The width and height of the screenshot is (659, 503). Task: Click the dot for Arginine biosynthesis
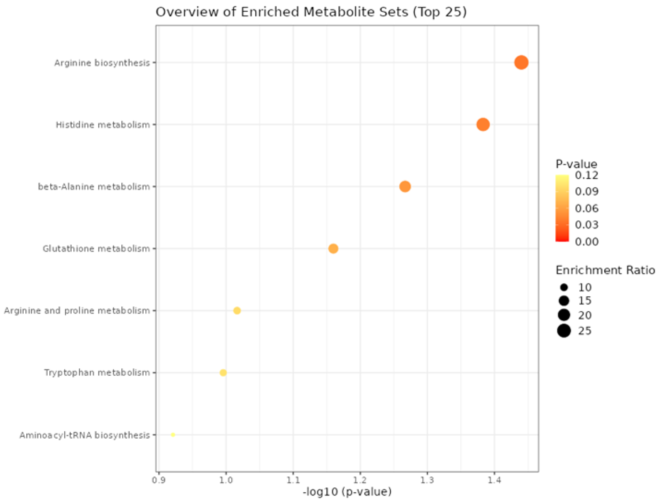click(x=521, y=63)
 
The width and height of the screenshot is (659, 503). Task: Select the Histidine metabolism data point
click(x=483, y=125)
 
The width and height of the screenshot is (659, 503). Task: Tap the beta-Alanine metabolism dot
click(x=405, y=187)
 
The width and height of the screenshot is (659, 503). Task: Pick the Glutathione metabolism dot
click(x=333, y=249)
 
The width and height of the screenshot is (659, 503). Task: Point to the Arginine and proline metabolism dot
click(x=237, y=310)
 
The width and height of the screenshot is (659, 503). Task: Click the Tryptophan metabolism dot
click(x=223, y=372)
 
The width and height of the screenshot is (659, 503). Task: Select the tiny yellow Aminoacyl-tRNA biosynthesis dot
click(x=173, y=435)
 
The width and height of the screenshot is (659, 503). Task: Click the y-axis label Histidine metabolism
click(x=103, y=125)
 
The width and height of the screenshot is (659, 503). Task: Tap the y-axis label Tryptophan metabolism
click(x=97, y=372)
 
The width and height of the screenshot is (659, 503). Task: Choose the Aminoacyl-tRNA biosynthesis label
click(x=84, y=435)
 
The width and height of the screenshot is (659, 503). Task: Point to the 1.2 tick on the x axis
click(x=360, y=480)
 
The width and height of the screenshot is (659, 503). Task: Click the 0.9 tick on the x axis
click(x=159, y=480)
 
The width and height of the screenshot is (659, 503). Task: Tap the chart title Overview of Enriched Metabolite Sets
click(x=311, y=12)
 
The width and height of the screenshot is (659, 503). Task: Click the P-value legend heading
click(x=576, y=164)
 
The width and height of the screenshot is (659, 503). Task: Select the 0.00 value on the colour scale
click(x=587, y=241)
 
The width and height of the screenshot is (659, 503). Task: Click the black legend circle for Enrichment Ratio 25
click(x=564, y=331)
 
